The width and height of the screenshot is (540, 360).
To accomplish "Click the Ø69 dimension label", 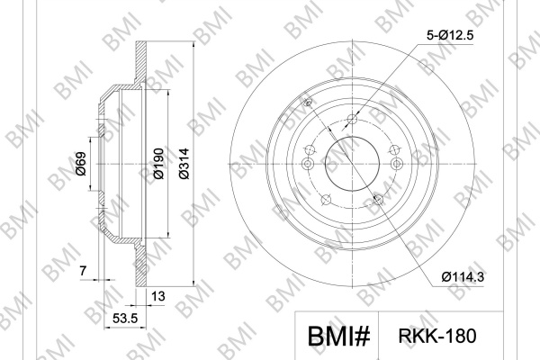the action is [x=81, y=164].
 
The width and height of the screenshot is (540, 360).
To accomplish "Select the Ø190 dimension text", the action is [x=158, y=164].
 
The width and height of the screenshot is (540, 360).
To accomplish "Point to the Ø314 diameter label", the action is [x=184, y=164].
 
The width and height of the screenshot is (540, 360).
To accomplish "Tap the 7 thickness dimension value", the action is [x=83, y=271].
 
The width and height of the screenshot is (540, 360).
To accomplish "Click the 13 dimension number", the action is [x=158, y=296].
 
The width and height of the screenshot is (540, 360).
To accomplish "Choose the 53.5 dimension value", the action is [x=125, y=318].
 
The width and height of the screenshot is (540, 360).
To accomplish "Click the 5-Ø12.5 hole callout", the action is [x=450, y=35].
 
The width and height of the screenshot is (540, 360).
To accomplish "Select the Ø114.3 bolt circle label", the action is [x=463, y=276].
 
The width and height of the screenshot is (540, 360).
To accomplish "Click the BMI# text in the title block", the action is [x=338, y=337].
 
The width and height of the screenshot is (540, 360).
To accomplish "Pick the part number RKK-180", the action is [x=437, y=336].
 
